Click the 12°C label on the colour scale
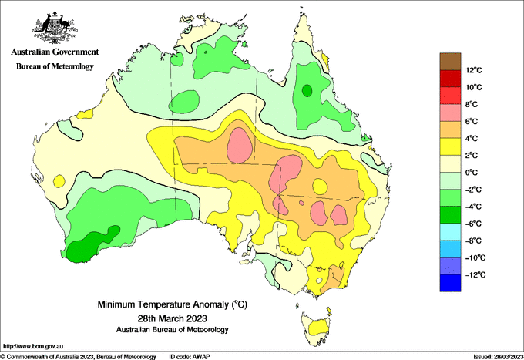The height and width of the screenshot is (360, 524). [x=474, y=70]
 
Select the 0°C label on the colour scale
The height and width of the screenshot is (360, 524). [x=472, y=173]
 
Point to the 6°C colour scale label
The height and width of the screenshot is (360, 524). [x=472, y=121]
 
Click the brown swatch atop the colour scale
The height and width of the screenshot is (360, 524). [x=450, y=62]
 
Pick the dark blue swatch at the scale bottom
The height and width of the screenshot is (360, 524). [x=450, y=283]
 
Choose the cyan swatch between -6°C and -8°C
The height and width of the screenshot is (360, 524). [x=450, y=232]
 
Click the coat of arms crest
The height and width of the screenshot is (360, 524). [x=55, y=28]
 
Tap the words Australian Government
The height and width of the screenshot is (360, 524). [x=55, y=52]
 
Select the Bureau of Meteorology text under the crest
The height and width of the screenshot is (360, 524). [x=55, y=66]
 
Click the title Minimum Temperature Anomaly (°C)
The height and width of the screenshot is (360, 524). [x=173, y=304]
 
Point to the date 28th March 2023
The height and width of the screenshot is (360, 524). [x=173, y=318]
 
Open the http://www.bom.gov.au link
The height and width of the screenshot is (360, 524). [x=33, y=347]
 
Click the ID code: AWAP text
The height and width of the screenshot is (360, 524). [x=190, y=357]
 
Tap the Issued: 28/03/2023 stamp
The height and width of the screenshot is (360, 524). [x=498, y=357]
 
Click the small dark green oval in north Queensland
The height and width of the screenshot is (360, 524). [x=307, y=90]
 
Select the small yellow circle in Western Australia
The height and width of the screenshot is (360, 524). [x=59, y=181]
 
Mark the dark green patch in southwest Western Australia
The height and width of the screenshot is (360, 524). [x=91, y=244]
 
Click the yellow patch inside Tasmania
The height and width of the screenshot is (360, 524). [x=318, y=327]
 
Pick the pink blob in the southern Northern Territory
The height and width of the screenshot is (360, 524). [x=240, y=146]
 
